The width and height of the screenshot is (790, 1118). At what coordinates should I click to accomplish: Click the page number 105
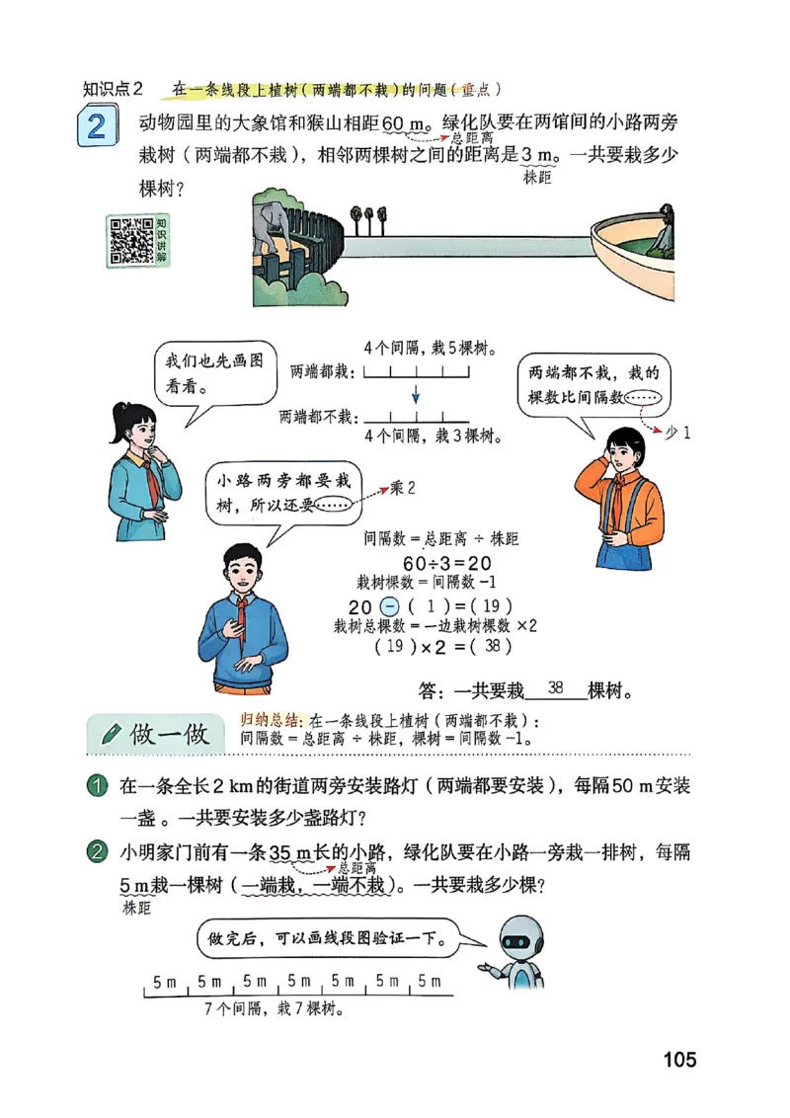pyautogui.click(x=679, y=1060)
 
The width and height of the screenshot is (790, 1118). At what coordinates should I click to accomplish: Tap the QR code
pyautogui.click(x=130, y=240)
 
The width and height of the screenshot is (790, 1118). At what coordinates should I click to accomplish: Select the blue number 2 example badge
pyautogui.click(x=96, y=128)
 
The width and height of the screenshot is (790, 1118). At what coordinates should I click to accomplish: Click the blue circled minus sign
pyautogui.click(x=389, y=605)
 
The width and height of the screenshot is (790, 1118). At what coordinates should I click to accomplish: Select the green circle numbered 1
pyautogui.click(x=97, y=787)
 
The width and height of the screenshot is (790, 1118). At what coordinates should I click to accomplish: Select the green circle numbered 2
pyautogui.click(x=97, y=852)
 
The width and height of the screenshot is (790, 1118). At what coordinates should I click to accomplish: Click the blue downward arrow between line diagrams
pyautogui.click(x=416, y=392)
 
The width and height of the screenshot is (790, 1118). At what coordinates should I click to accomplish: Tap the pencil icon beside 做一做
pyautogui.click(x=112, y=734)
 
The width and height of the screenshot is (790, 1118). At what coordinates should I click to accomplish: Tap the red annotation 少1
pyautogui.click(x=678, y=432)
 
